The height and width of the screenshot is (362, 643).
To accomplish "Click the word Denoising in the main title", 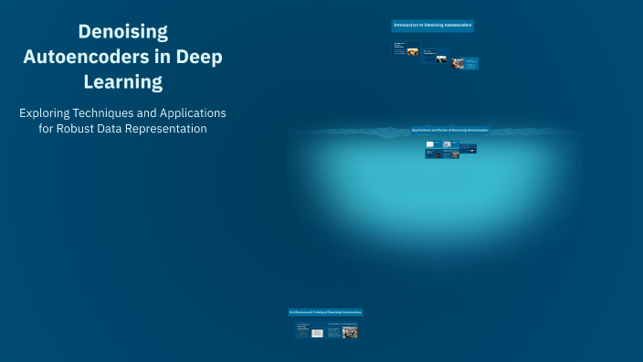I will [123, 31].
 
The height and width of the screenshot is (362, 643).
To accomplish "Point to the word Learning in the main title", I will [123, 82].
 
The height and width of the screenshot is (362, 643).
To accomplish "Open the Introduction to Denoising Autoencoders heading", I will [432, 26].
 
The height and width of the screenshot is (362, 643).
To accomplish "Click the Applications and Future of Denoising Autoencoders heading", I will [449, 131].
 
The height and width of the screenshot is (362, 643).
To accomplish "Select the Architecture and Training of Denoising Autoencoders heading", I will [326, 313].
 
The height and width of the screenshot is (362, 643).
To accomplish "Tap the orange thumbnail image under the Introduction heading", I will [413, 51].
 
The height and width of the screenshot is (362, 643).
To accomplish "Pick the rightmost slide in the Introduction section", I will [470, 64].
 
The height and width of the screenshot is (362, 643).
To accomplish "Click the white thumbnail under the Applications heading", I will [430, 144].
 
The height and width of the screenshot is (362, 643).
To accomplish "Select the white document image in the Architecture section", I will [317, 333].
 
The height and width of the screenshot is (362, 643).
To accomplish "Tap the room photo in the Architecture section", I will [349, 332].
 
